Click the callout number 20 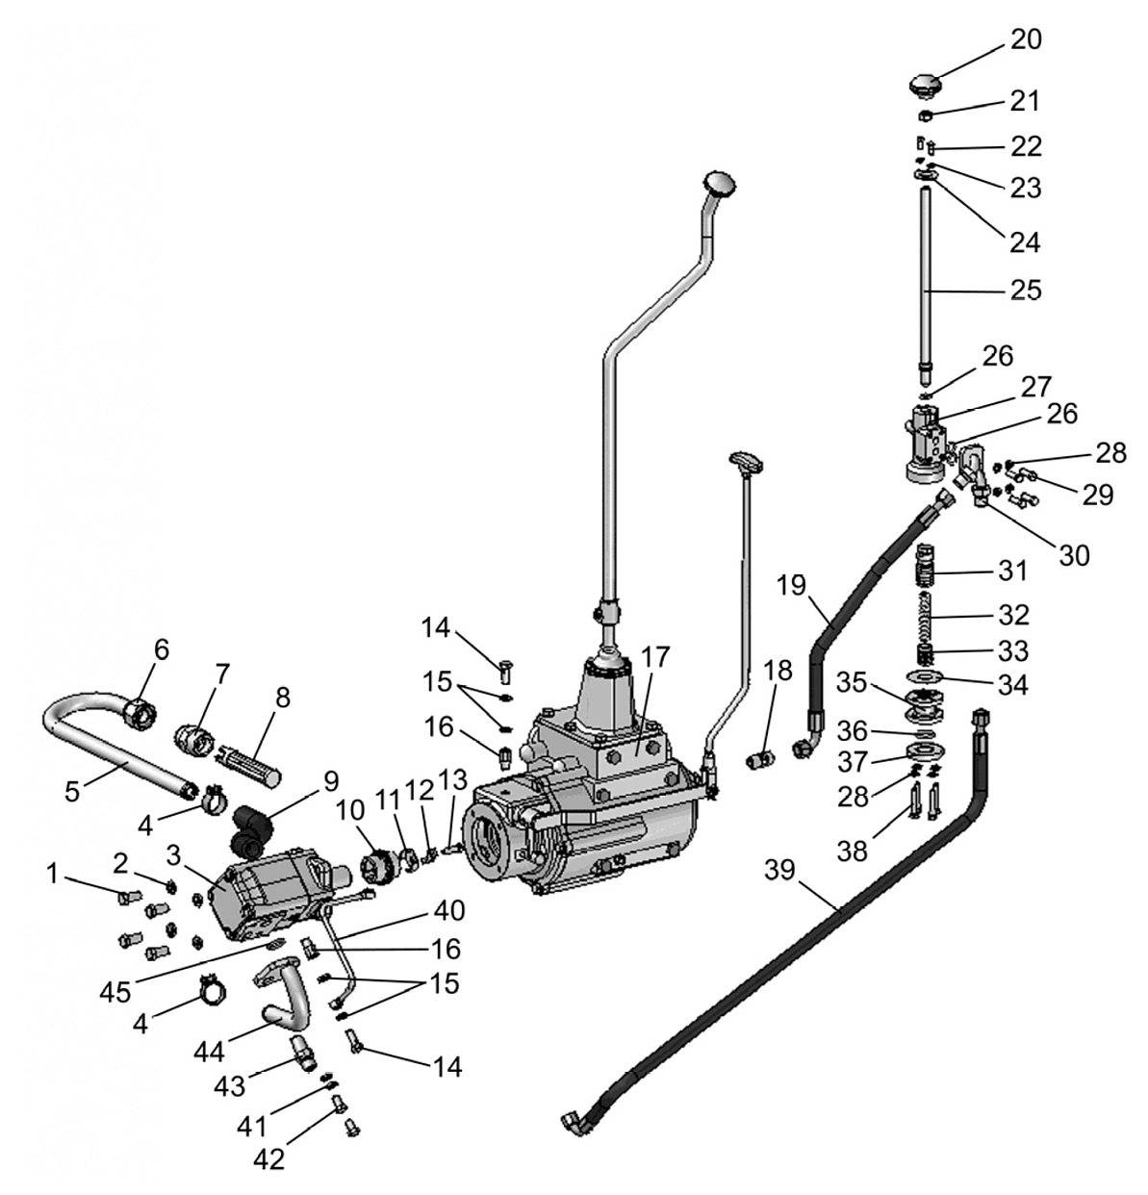click(1027, 39)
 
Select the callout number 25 click(1027, 290)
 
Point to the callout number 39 click(780, 870)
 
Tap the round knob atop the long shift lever click(719, 183)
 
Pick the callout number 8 click(283, 698)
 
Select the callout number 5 click(72, 792)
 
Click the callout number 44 click(209, 1052)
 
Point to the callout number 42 click(269, 1158)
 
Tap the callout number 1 click(53, 875)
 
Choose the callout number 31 click(1013, 572)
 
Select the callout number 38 click(853, 851)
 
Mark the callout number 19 click(791, 585)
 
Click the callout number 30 click(1074, 555)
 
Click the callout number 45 click(116, 992)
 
